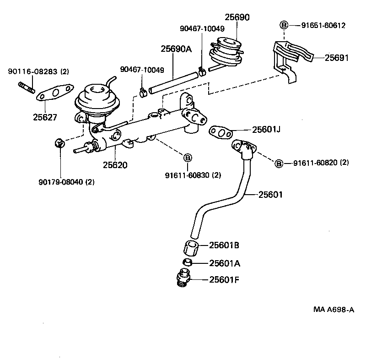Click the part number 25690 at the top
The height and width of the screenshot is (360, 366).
pyautogui.click(x=237, y=18)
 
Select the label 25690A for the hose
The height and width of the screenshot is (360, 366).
pyautogui.click(x=176, y=49)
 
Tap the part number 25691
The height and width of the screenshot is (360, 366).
pyautogui.click(x=337, y=58)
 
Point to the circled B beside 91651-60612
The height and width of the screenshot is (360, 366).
pyautogui.click(x=284, y=25)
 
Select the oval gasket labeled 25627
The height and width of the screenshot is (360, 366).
pyautogui.click(x=55, y=93)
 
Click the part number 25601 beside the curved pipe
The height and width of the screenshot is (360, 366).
pyautogui.click(x=270, y=195)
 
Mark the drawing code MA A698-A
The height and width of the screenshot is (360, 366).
pyautogui.click(x=334, y=309)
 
